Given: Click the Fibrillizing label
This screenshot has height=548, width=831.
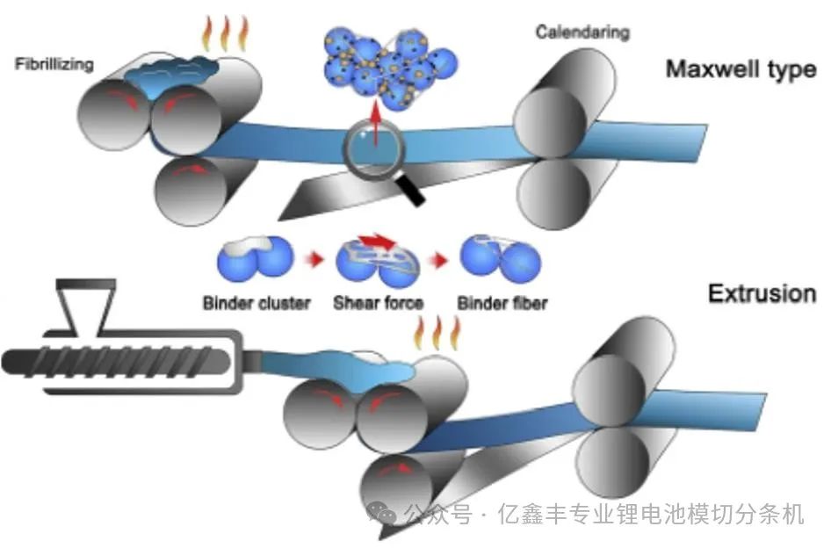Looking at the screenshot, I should tap(54, 64).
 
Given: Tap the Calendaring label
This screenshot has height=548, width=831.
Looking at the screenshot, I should tap(582, 32).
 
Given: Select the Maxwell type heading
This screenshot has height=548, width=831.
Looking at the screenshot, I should tap(741, 69).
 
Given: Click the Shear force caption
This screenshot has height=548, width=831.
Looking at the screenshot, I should tap(378, 304).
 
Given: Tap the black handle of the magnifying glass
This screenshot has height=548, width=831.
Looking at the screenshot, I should tap(410, 191).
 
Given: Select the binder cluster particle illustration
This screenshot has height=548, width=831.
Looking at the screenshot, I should tap(254, 262).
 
